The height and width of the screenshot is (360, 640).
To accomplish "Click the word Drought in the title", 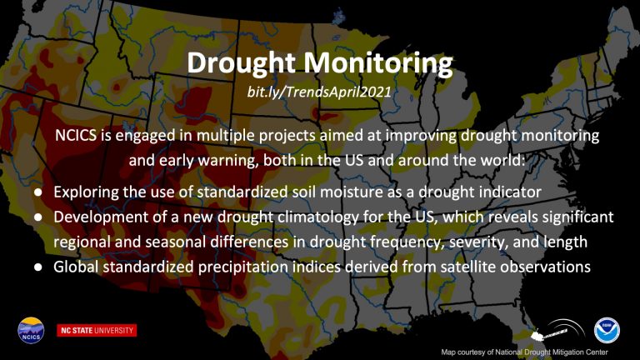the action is click(242, 63).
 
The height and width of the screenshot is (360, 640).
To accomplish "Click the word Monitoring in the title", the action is click(378, 63).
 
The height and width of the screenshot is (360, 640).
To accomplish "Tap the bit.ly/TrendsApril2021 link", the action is click(319, 92).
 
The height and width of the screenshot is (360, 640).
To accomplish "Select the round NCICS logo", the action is click(31, 330).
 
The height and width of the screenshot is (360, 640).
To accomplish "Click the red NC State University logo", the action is click(97, 330).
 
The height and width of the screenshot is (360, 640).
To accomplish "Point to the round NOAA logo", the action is click(607, 331).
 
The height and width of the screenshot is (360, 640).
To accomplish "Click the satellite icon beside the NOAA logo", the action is click(557, 331).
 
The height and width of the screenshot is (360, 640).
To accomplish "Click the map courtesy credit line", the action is click(524, 352).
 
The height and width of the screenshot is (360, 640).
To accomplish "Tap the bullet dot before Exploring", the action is click(38, 192).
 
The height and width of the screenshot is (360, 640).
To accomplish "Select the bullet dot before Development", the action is click(38, 217).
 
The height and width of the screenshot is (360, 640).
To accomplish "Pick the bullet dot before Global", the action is click(38, 267).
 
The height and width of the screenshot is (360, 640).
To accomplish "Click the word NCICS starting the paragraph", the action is click(76, 135).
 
